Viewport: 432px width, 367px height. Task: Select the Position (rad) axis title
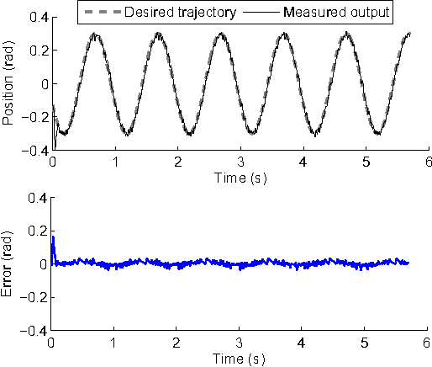click(x=10, y=84)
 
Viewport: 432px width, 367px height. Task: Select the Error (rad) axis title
click(x=10, y=264)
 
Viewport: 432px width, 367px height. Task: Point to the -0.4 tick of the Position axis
click(x=36, y=152)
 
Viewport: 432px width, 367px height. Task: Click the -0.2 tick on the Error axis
click(x=36, y=298)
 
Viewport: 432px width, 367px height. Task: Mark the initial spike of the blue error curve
click(x=54, y=238)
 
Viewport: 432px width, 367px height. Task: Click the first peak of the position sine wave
click(x=95, y=35)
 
